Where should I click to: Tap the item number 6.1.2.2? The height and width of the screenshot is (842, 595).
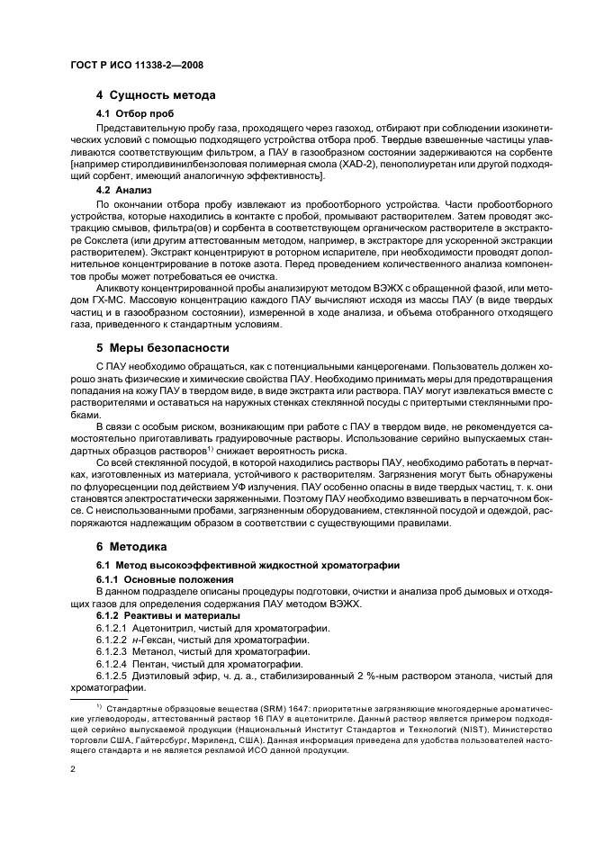tap(112, 639)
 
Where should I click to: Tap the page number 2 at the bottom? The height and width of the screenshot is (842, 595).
tap(73, 771)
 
